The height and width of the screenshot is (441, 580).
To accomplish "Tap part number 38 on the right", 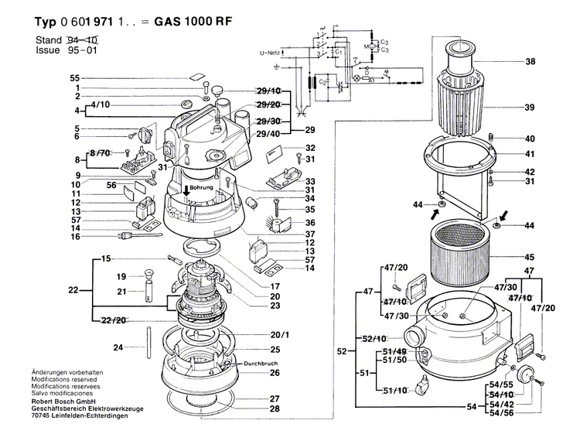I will coord(530,61).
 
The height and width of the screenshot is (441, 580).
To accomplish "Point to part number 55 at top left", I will coord(74,78).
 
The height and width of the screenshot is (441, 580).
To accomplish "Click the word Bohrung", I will coord(200,188).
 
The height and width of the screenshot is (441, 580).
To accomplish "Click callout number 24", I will coord(118,347).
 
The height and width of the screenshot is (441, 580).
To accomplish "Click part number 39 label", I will coord(530,107).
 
